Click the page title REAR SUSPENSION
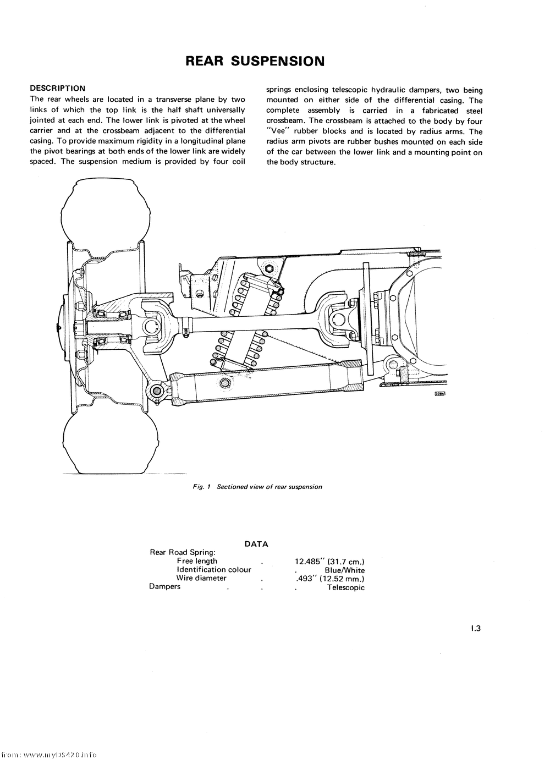click(255, 61)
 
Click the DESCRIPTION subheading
click(57, 88)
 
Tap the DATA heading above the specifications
click(256, 544)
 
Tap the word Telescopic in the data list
click(345, 587)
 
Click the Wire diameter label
click(201, 578)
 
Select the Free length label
click(197, 561)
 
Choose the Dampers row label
click(164, 586)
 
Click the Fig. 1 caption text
click(257, 487)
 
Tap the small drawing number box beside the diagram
click(439, 393)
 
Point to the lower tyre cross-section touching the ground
click(106, 443)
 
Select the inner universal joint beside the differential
click(338, 317)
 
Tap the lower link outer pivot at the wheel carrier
click(156, 391)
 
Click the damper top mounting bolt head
click(269, 269)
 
